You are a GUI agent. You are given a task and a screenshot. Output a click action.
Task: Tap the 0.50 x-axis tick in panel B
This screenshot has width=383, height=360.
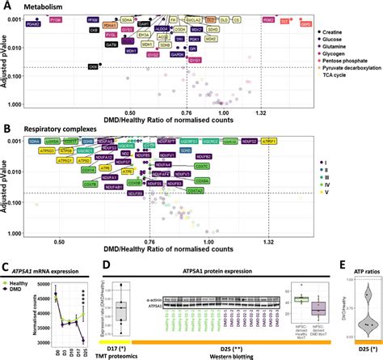(58, 242)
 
